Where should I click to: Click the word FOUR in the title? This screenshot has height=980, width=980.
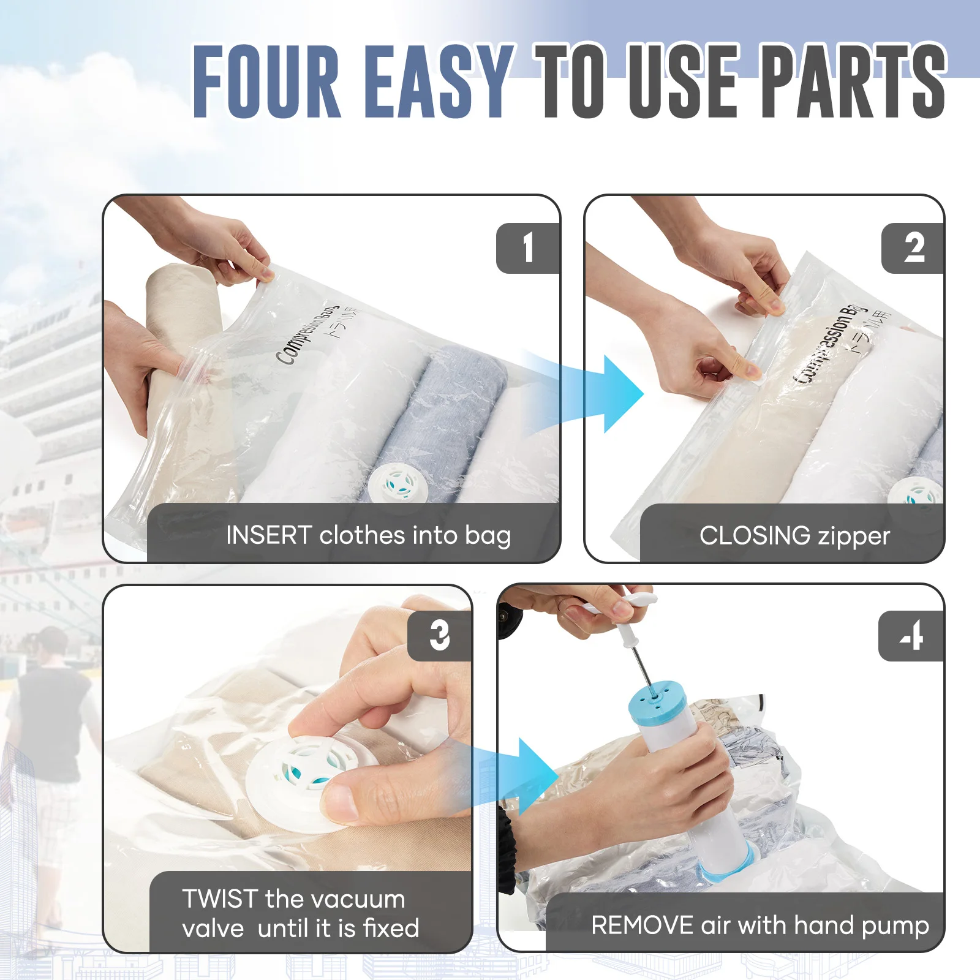[x=266, y=81]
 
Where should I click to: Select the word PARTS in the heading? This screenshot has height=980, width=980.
[x=854, y=81]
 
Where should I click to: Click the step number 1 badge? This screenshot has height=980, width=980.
[x=527, y=248]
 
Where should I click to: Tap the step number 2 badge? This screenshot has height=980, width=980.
[x=913, y=248]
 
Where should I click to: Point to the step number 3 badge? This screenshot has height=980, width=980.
[x=439, y=636]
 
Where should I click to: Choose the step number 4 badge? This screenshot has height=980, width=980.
[x=911, y=636]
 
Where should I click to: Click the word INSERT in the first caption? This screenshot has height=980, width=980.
[x=269, y=535]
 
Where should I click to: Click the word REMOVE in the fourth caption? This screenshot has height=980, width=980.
[x=641, y=925]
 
